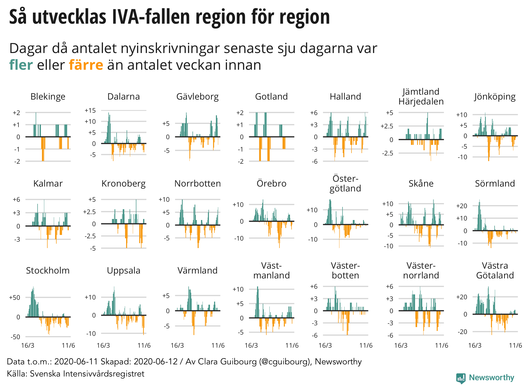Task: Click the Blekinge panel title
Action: tap(48, 97)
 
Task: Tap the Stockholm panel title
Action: tap(48, 270)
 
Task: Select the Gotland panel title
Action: tap(271, 97)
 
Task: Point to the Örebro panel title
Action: tap(271, 183)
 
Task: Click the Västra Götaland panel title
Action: tap(495, 270)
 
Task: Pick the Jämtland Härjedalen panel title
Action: tap(421, 97)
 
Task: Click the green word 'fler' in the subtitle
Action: tap(21, 65)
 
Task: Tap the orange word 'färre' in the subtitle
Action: tap(86, 65)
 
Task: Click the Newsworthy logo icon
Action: tap(461, 378)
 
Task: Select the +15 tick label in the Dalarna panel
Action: tap(90, 111)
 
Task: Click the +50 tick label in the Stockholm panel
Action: tap(14, 298)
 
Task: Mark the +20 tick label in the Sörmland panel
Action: tap(462, 206)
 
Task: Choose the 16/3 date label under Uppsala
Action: tap(103, 346)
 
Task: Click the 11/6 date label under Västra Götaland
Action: tap(515, 346)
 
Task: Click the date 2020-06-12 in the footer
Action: tap(156, 362)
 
